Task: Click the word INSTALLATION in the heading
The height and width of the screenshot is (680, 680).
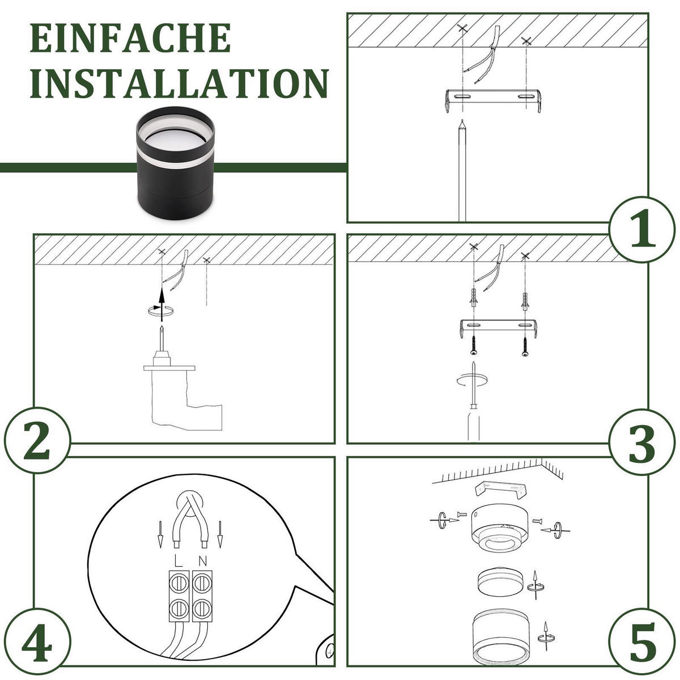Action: pos(180,83)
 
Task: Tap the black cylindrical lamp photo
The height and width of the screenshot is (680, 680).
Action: pos(175,167)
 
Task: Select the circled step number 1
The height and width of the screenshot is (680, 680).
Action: pos(642,229)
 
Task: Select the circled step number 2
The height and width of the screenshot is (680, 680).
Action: pos(37,441)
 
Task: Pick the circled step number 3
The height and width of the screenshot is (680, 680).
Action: pos(642,443)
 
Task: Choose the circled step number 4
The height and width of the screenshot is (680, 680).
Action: pos(37,642)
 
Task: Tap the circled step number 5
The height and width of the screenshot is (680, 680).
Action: pos(642,642)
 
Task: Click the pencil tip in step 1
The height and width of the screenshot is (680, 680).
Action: pos(462,121)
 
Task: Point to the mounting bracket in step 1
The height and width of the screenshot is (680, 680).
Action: pos(492,100)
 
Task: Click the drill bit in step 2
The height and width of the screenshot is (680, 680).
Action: pos(161,338)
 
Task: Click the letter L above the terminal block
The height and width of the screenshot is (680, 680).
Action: pos(178,561)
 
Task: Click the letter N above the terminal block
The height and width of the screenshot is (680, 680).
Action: pos(202,561)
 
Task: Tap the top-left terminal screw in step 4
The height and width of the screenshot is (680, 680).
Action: pos(179,584)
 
